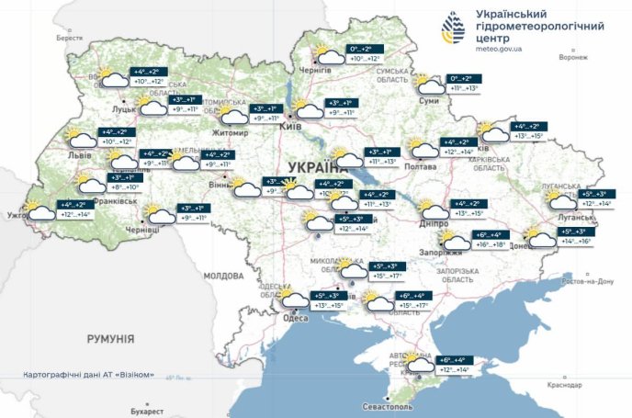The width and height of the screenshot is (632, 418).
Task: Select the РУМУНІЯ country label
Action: click(111, 339)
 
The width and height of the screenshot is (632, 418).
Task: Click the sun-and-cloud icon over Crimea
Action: click(420, 365)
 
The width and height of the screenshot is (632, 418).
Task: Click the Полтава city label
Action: click(420, 167)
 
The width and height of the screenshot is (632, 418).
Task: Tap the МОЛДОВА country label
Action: click(223, 276)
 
